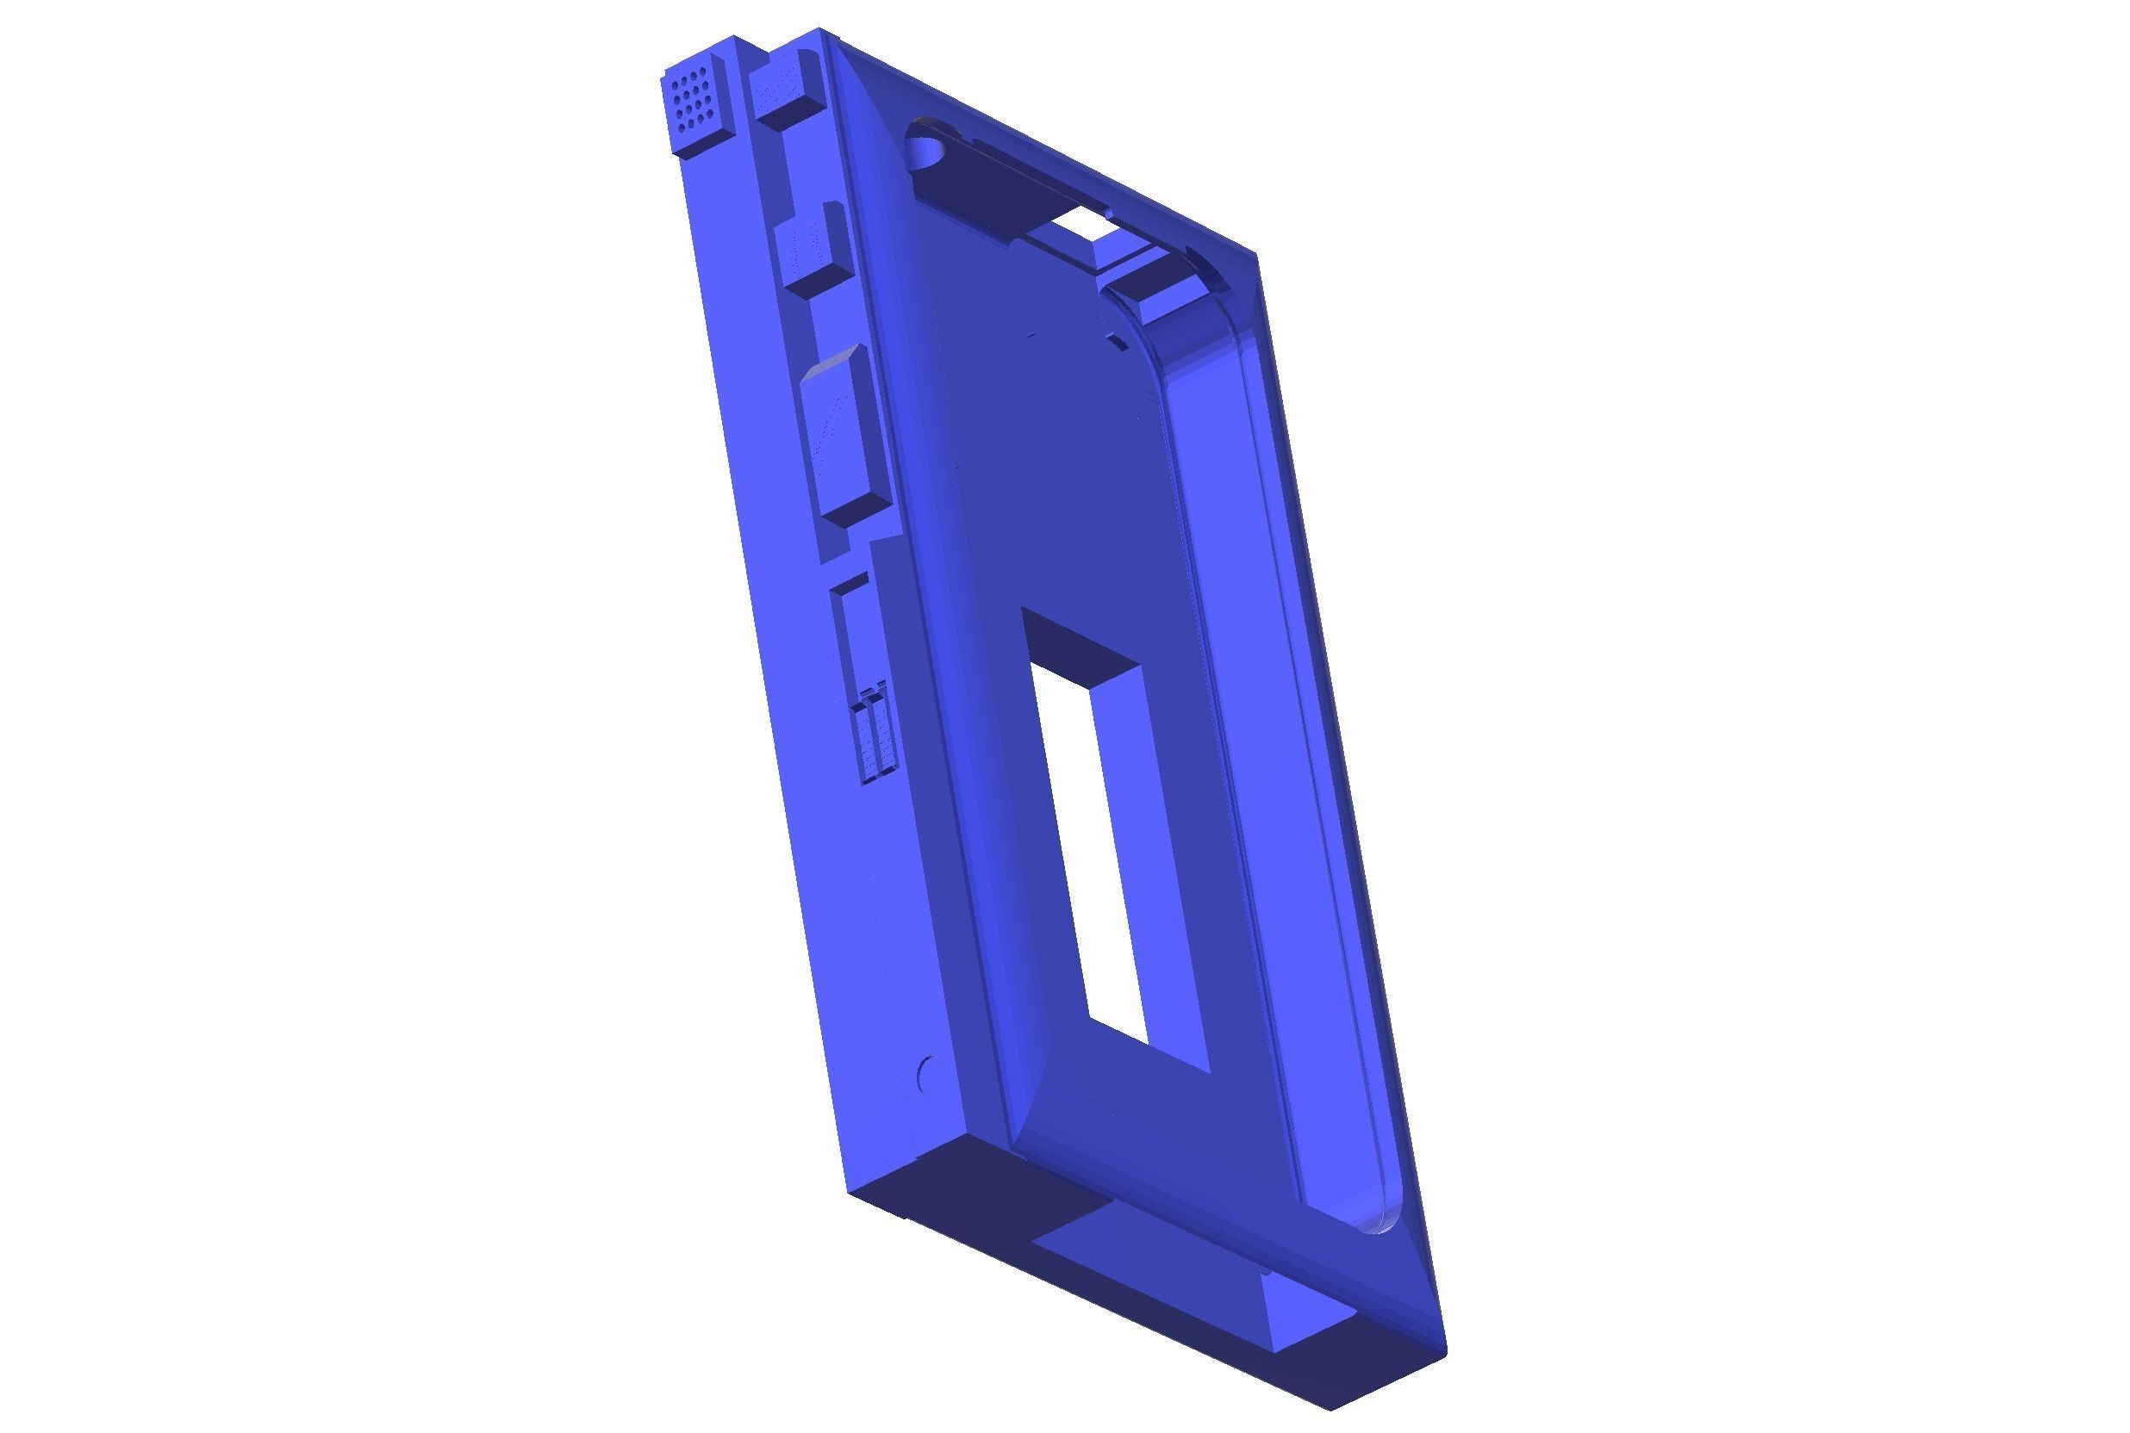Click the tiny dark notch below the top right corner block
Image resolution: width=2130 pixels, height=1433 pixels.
pyautogui.click(x=1117, y=342)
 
